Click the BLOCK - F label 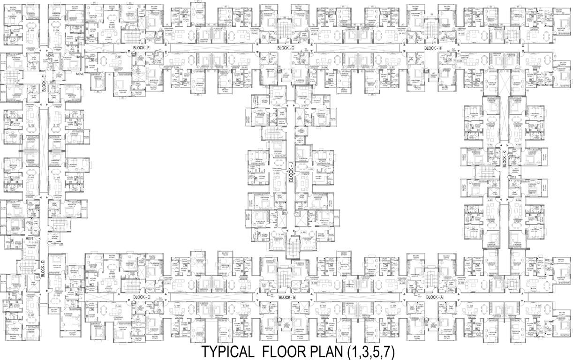coord(141,48)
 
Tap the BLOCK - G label coord(286,48)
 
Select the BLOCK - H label coord(433,48)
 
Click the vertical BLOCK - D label coord(43,268)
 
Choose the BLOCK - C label coord(141,297)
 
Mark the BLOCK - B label coord(287,297)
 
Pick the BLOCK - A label coord(434,297)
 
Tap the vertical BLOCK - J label coord(291,171)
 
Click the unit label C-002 coord(112,277)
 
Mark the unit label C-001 coord(112,306)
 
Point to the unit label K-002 coord(490,145)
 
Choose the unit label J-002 coord(277,173)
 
